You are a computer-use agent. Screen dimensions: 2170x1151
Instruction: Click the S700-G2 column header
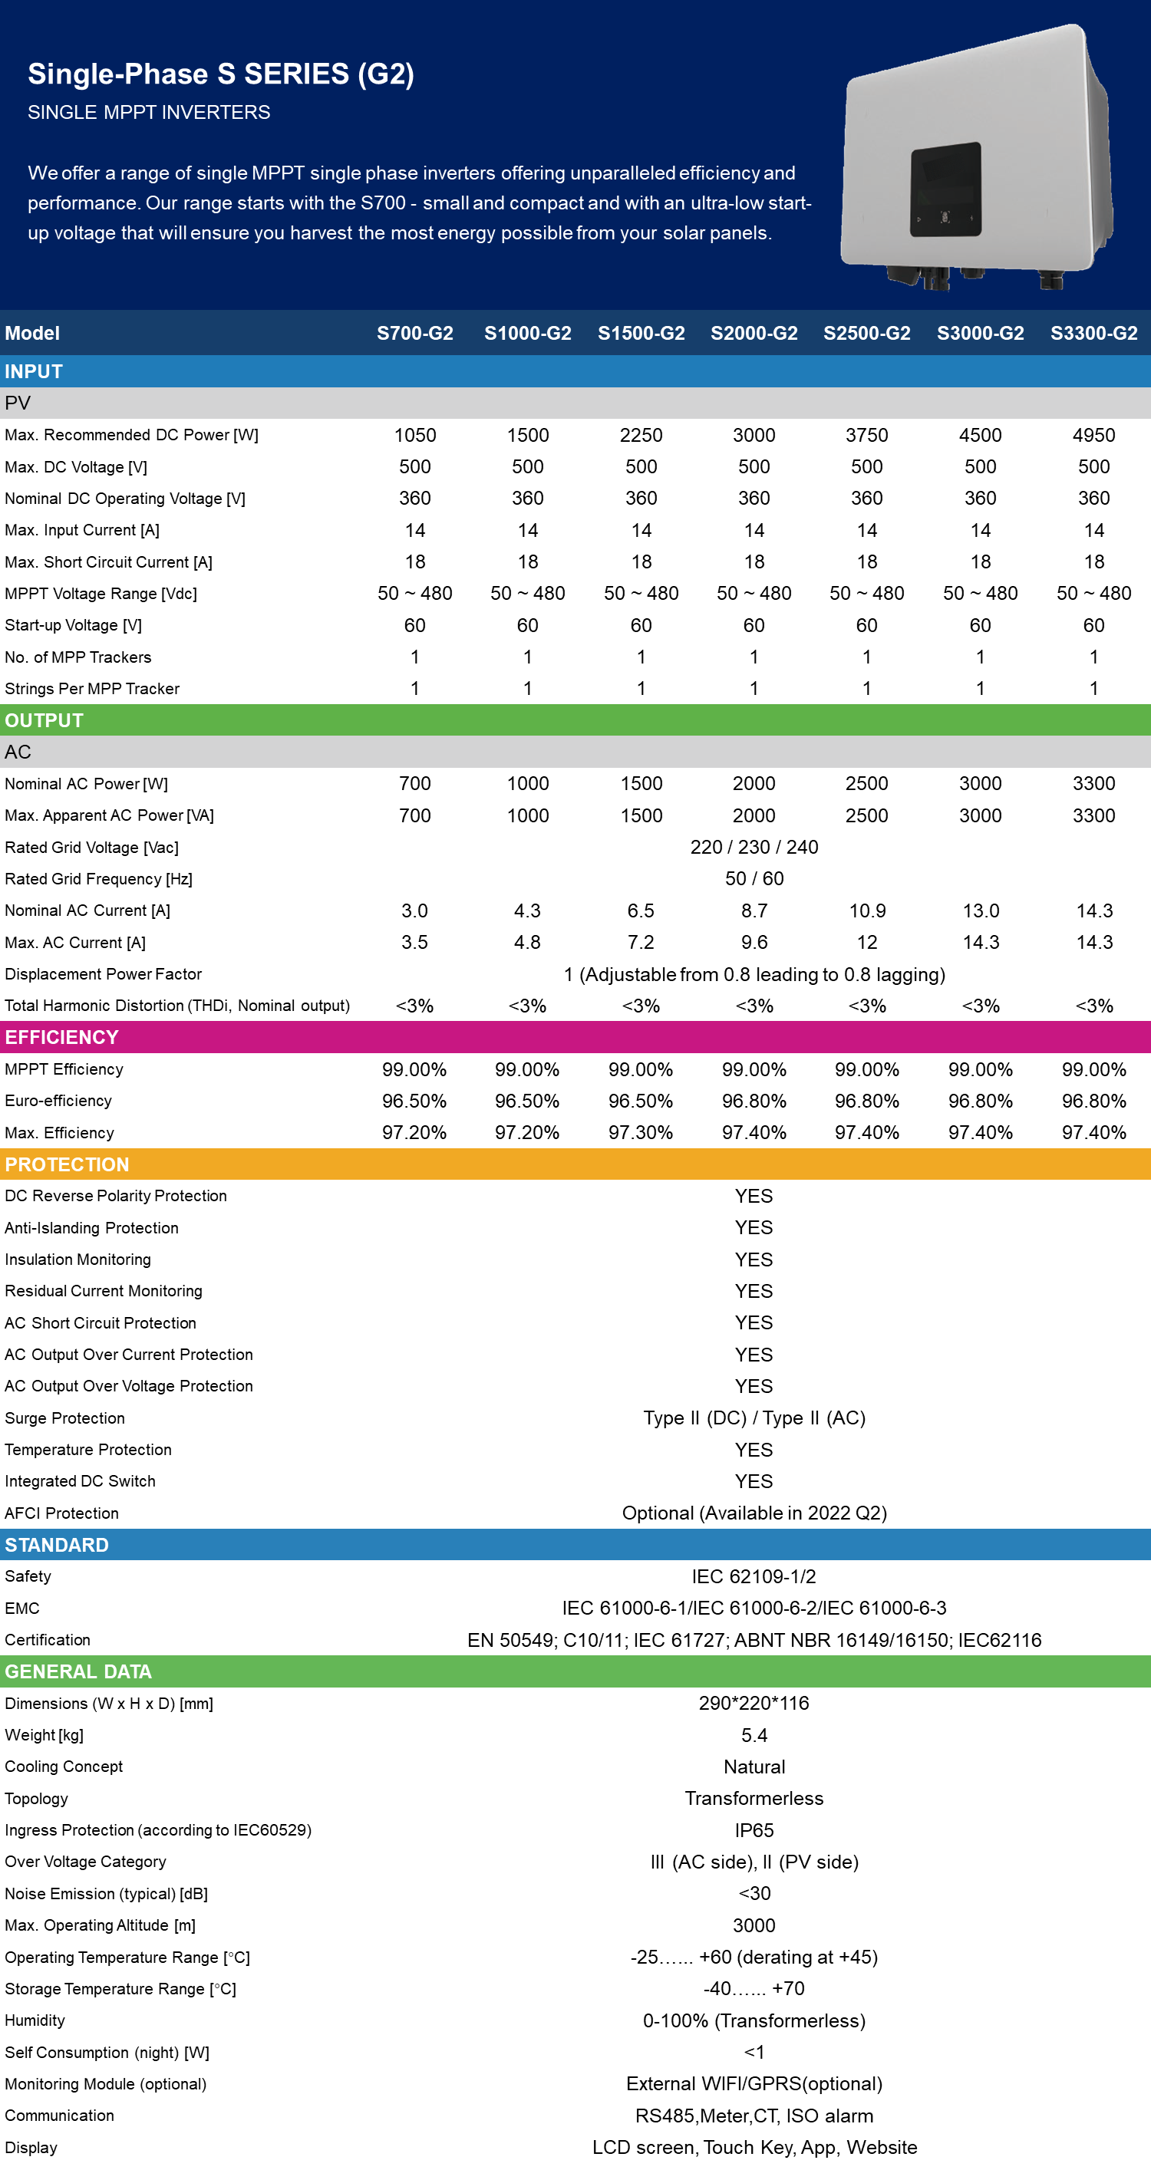(414, 334)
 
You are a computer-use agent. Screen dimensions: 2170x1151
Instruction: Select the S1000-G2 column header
(527, 334)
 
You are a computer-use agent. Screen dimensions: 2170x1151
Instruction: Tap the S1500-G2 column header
(641, 334)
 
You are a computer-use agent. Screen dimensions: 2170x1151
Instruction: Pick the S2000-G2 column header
(754, 334)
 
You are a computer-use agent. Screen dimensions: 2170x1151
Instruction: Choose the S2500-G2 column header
(867, 334)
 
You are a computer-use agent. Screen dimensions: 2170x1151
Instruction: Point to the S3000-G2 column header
(981, 334)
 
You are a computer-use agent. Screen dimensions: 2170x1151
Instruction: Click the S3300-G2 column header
(1093, 334)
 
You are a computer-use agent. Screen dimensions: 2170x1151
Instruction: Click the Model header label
(32, 334)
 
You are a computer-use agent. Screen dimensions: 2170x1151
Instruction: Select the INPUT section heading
(34, 371)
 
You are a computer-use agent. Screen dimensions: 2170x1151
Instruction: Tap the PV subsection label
(18, 403)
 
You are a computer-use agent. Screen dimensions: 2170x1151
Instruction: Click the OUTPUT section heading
(44, 721)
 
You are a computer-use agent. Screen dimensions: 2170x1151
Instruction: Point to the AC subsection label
(18, 752)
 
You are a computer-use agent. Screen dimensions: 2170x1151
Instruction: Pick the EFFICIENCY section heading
(61, 1038)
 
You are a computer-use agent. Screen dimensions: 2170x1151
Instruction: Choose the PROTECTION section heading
(67, 1165)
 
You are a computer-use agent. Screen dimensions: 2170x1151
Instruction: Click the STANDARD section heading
(57, 1545)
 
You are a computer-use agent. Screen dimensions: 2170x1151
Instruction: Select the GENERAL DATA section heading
(78, 1671)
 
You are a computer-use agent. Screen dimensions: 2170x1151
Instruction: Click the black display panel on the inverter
(945, 189)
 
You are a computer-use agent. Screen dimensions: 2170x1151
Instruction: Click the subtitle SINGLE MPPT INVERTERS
(149, 113)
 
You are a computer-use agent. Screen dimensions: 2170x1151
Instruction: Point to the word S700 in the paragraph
(383, 203)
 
